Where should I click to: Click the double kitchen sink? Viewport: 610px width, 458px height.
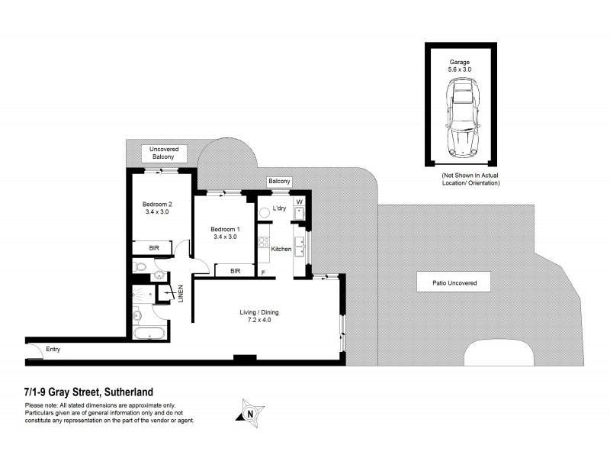tap(300, 246)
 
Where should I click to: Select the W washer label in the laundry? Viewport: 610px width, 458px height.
tap(300, 202)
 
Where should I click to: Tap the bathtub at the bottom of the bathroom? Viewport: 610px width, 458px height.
tap(149, 334)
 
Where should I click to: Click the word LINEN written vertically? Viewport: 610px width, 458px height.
tap(181, 293)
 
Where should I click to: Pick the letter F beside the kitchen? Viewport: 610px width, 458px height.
tap(263, 273)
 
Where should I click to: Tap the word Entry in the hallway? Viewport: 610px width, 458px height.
tap(53, 350)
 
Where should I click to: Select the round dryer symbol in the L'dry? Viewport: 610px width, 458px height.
tap(300, 213)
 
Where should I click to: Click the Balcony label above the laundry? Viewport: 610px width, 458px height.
tap(279, 181)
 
